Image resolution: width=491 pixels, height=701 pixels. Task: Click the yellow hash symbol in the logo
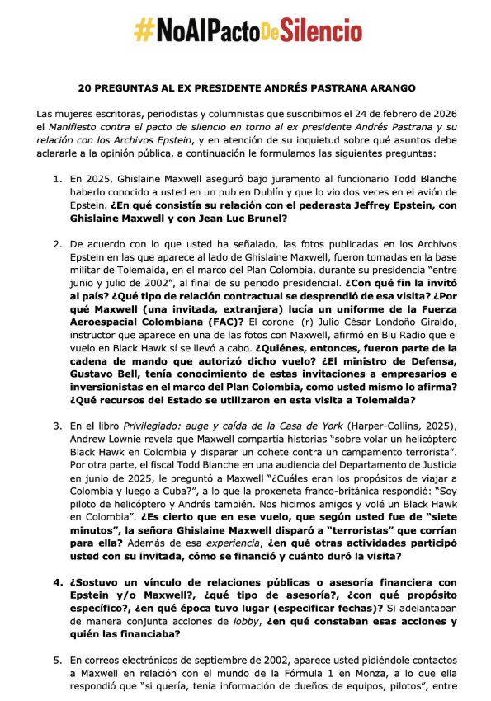tap(144, 31)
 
